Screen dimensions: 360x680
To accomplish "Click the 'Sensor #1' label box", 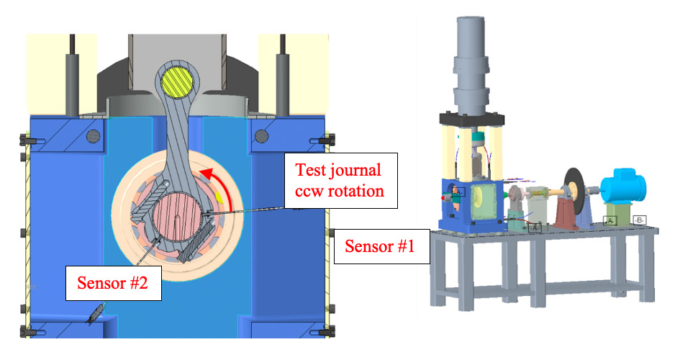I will click(380, 246).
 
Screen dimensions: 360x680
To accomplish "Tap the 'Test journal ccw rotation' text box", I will click(340, 181).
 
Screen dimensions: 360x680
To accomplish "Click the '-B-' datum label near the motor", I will click(638, 220).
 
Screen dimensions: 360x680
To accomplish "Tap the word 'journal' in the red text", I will click(355, 171).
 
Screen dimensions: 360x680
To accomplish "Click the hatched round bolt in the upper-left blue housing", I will click(91, 135).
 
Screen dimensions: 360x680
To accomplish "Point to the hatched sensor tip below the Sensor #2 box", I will click(96, 316).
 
